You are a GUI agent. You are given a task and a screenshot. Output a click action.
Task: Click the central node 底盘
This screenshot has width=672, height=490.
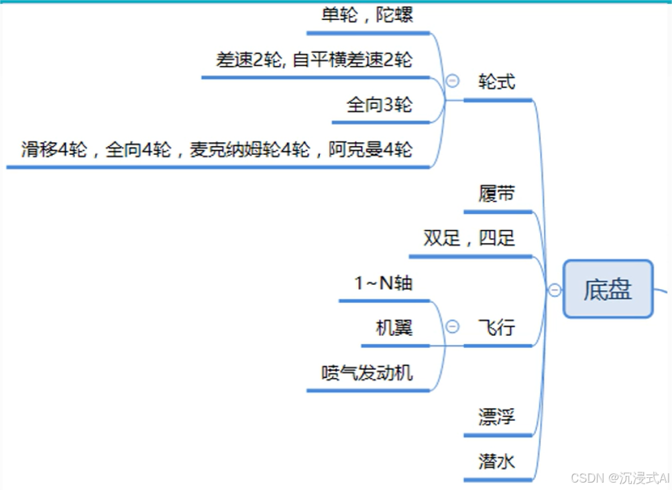pos(608,289)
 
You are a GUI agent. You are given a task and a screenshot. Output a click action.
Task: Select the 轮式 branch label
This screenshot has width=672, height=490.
pos(497,82)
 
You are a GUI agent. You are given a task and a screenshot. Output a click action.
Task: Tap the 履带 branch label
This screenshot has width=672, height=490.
pos(497,194)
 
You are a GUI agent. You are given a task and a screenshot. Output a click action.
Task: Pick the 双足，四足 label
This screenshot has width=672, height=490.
pos(469,238)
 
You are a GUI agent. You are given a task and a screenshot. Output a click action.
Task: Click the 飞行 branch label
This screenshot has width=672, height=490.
pos(497,328)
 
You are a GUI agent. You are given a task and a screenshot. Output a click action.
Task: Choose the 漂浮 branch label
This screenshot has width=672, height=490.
pos(497,417)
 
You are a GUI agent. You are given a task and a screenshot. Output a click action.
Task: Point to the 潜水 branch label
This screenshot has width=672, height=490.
pos(497,461)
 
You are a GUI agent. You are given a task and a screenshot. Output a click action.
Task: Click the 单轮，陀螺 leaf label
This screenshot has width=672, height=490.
pos(368,15)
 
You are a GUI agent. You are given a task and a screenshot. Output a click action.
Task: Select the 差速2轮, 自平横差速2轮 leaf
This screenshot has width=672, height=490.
pos(314,60)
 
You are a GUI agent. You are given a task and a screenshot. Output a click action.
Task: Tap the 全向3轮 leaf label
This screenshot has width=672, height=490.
pos(380,105)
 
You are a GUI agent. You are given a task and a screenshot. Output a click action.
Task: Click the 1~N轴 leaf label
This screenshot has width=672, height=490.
pos(384,283)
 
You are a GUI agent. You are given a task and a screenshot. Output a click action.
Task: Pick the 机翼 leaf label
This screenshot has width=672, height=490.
pos(394,328)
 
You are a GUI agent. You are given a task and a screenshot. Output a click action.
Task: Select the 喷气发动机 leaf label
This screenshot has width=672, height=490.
pos(367,373)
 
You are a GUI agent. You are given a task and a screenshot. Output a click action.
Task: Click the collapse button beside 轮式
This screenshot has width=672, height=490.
pos(453,80)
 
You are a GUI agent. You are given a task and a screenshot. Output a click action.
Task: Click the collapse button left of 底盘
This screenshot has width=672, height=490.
pos(555,290)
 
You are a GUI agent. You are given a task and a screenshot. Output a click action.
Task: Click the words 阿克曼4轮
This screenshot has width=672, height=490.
pos(370,149)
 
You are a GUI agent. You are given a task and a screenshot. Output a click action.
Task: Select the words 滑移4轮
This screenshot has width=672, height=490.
pos(54,149)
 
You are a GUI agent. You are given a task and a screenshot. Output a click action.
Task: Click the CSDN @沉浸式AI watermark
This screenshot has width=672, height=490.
pos(620,477)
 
